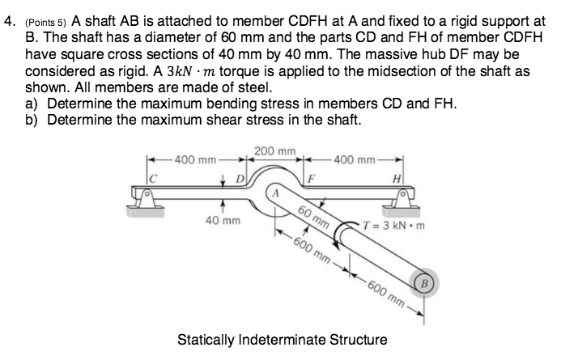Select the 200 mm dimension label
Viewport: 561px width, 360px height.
(275, 151)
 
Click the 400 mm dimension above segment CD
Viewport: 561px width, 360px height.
(188, 156)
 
